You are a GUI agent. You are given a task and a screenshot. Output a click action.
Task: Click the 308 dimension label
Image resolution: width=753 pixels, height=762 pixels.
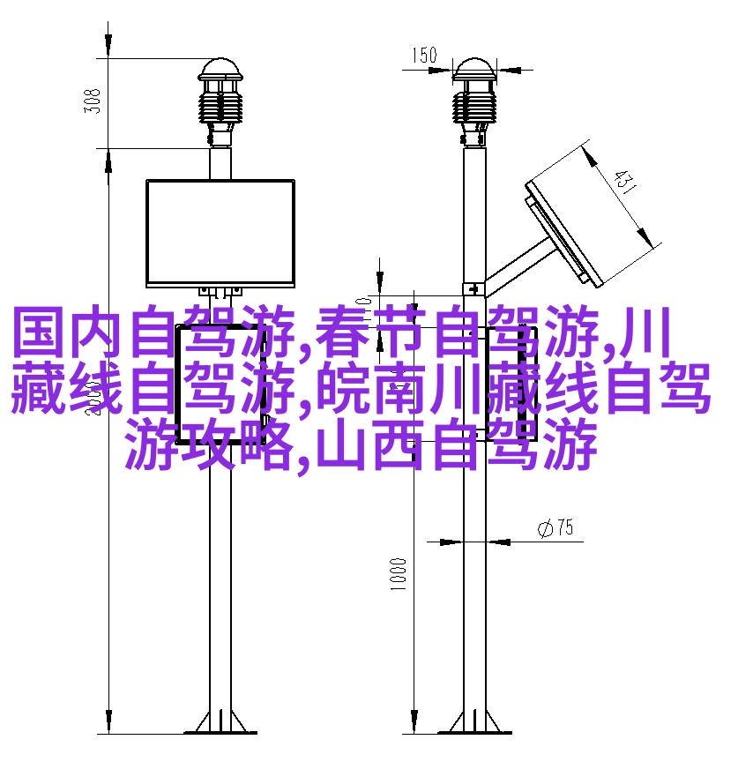[93, 101]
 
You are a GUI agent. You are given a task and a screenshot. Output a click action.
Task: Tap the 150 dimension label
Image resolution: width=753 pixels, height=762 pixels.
[425, 55]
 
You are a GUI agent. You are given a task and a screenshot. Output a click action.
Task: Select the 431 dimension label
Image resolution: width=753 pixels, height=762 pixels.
[623, 182]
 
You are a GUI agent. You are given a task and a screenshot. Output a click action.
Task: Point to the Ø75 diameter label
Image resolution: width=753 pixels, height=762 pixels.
[555, 527]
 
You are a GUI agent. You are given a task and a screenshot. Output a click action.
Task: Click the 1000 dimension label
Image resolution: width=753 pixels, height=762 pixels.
[398, 574]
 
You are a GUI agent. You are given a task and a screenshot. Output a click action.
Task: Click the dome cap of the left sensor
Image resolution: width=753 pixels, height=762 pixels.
[220, 70]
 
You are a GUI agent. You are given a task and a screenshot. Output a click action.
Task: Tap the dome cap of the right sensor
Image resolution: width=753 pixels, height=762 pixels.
[474, 70]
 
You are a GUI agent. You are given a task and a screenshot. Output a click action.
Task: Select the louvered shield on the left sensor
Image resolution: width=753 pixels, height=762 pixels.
[220, 107]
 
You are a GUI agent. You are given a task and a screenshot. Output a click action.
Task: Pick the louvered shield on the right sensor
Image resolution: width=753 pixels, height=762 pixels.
[474, 107]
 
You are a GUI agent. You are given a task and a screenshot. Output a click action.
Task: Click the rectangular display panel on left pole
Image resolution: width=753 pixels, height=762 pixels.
[220, 233]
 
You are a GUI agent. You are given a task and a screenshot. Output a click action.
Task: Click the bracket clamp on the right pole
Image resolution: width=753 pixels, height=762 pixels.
[473, 289]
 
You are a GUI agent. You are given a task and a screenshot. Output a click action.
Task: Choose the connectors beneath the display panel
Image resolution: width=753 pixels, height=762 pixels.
[220, 292]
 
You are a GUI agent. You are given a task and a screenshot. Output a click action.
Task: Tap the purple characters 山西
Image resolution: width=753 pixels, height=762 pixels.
[369, 445]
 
